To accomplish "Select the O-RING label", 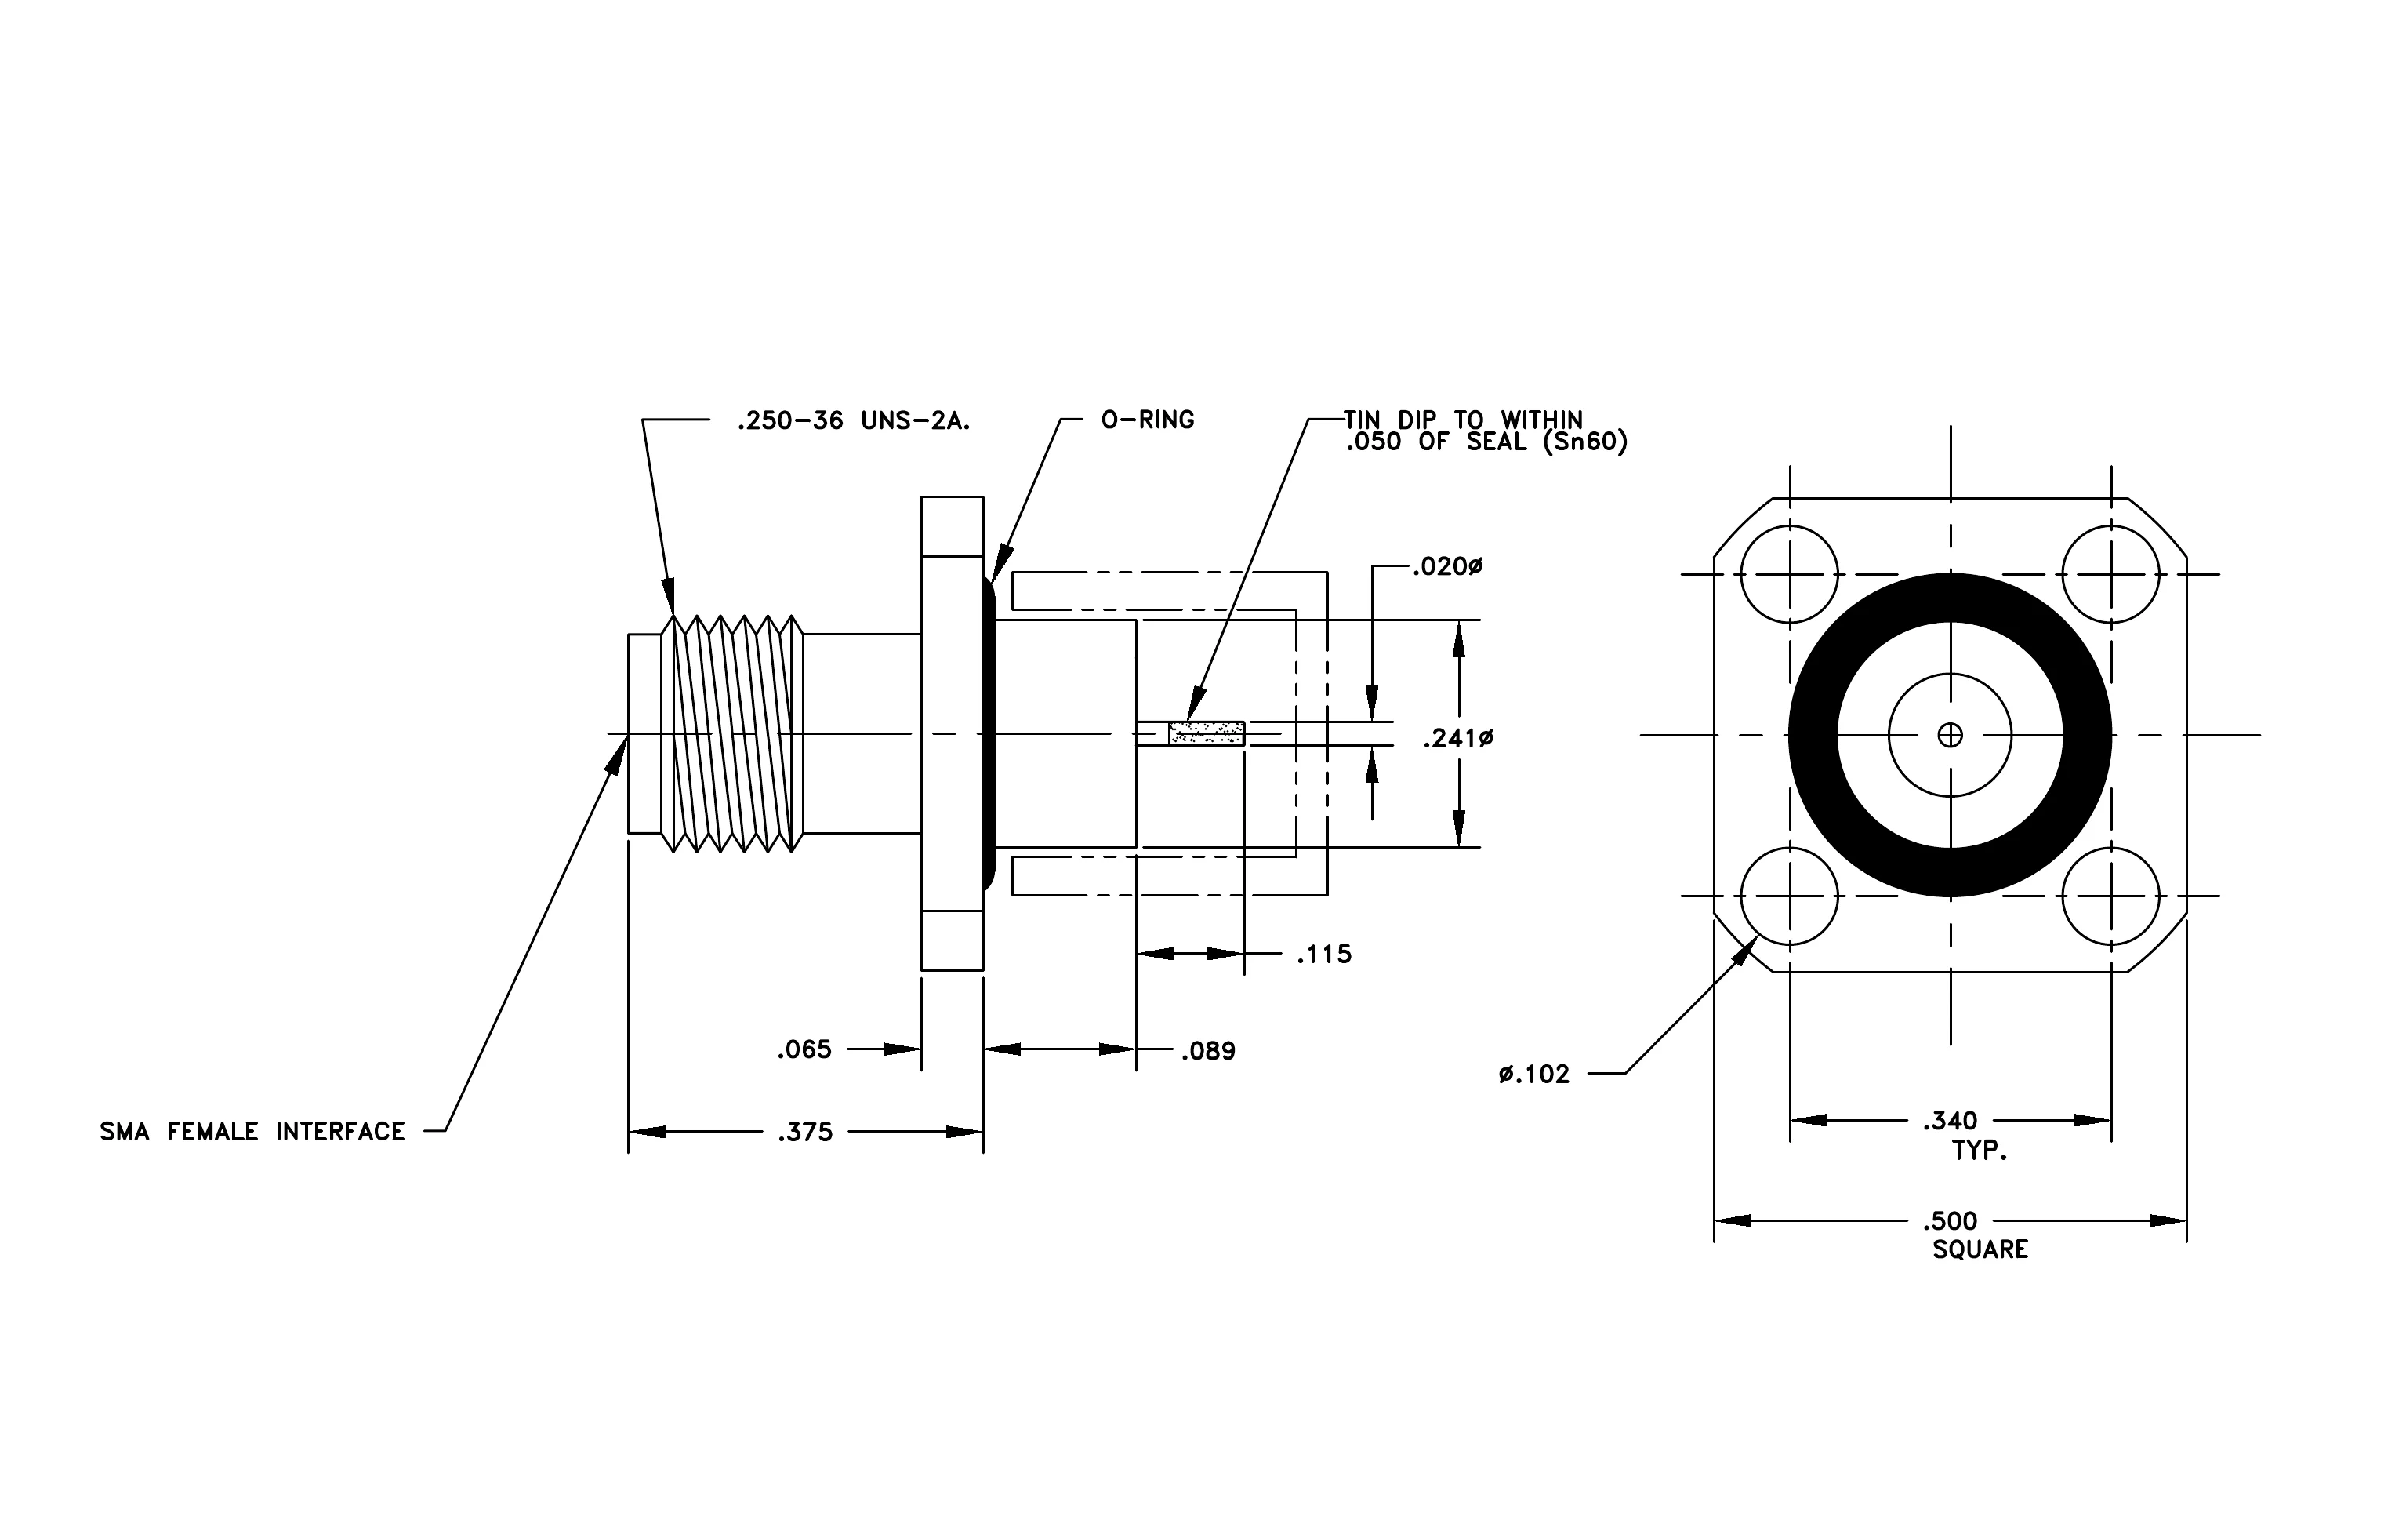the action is pyautogui.click(x=1147, y=420).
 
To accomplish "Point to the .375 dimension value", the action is pyautogui.click(x=804, y=1133).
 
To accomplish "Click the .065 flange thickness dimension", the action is pyautogui.click(x=804, y=1049).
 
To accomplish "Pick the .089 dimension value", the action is pyautogui.click(x=1208, y=1051).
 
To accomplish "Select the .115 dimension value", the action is pyautogui.click(x=1324, y=955).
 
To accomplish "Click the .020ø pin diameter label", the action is pyautogui.click(x=1446, y=566).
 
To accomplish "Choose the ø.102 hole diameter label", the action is pyautogui.click(x=1533, y=1075).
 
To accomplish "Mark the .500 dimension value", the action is pyautogui.click(x=1950, y=1221).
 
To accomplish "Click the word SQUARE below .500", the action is pyautogui.click(x=1980, y=1250).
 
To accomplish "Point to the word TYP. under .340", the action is pyautogui.click(x=1980, y=1151).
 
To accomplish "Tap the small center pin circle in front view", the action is pyautogui.click(x=1950, y=736).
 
